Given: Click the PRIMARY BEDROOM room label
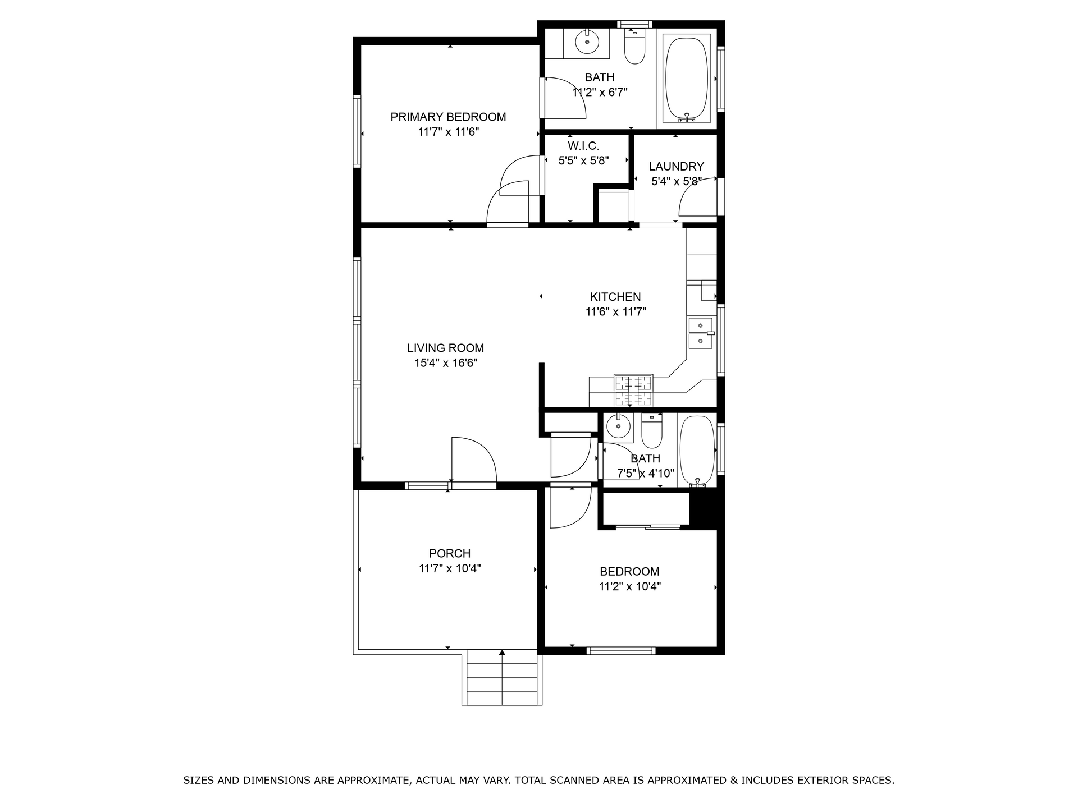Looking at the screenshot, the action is coord(448,117).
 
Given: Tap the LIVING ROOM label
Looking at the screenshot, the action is coord(445,348).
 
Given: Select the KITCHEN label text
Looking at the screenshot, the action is coord(615,297).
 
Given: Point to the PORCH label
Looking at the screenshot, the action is coord(450,553).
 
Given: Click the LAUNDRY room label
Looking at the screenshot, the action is coord(676,167).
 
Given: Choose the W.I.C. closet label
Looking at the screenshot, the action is coord(583,146).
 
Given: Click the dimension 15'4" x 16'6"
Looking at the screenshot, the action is coord(446,363).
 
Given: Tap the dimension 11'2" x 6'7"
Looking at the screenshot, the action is coord(600,93).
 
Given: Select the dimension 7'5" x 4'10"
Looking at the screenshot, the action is coord(646,474).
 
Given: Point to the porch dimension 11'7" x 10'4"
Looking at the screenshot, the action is coord(450,568).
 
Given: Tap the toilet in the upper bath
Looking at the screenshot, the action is coord(636,48).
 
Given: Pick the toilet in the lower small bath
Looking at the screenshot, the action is coord(652,431).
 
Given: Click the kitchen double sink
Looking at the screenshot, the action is coord(701,333).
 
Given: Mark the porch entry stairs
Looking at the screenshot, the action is coord(502,677).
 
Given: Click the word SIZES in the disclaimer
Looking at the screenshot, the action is coord(199,780).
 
